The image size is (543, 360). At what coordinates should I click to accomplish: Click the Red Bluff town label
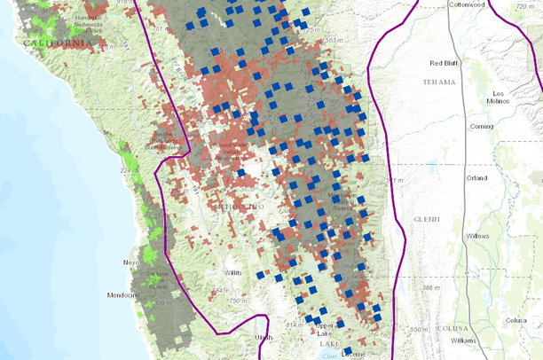[447, 63]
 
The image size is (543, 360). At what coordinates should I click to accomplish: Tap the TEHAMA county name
[440, 82]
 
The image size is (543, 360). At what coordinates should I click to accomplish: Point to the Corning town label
[482, 127]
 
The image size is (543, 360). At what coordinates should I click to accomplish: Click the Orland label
[476, 176]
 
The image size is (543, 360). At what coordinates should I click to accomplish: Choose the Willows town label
[477, 237]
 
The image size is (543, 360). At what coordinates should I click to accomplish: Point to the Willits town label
[232, 272]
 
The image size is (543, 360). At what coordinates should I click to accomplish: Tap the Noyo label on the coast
[132, 263]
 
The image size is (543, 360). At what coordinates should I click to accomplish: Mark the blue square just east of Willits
[260, 275]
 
